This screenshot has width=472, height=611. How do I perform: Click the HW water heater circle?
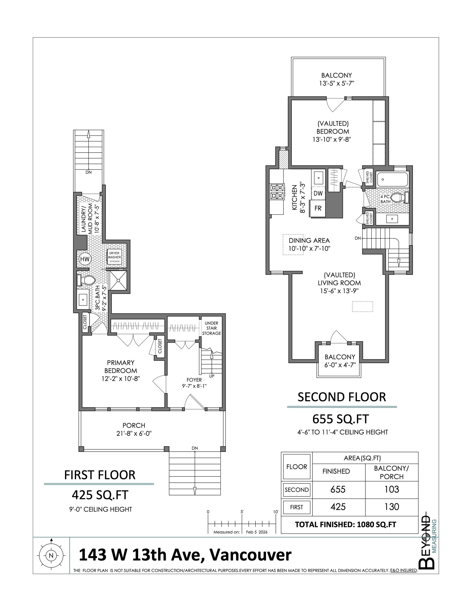[85, 259]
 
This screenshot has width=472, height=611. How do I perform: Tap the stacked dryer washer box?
[115, 256]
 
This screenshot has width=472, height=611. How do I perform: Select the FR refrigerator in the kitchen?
[318, 208]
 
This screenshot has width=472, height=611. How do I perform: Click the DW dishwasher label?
[318, 193]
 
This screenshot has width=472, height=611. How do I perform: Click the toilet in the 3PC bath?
[87, 280]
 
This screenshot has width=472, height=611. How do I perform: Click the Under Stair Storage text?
[212, 328]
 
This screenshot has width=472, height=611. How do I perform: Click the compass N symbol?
[51, 556]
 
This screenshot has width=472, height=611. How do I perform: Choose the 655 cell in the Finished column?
[338, 489]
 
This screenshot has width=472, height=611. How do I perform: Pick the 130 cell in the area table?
[391, 507]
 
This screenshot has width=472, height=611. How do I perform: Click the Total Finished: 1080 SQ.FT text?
[346, 525]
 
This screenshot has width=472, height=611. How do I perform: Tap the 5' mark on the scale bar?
[242, 512]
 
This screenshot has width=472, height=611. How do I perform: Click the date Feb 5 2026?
[257, 532]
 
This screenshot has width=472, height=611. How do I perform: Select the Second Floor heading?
[342, 397]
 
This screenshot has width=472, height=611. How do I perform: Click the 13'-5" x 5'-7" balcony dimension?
[336, 83]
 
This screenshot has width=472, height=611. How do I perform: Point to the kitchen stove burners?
[277, 192]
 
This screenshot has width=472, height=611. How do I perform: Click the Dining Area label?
[309, 240]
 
